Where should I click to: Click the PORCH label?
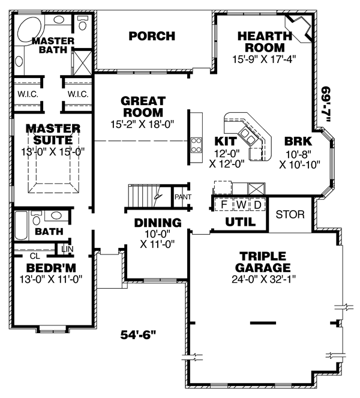[152, 36]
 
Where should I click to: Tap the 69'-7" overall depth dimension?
[325, 104]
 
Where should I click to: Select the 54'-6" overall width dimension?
[138, 334]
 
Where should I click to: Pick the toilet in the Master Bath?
[82, 23]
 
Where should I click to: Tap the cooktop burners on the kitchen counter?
[196, 145]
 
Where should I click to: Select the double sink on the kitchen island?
[247, 136]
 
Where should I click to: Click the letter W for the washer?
[241, 204]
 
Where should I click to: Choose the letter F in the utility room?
[224, 205]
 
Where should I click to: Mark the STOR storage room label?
[290, 214]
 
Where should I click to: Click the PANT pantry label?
[183, 197]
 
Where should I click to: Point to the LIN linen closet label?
[67, 249]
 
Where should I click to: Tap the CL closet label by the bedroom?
[35, 256]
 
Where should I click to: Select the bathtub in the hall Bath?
[21, 225]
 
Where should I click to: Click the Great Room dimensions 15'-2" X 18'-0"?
[142, 124]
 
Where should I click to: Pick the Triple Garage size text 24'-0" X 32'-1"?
[263, 279]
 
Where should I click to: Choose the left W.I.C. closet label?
[28, 94]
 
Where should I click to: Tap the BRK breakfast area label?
[298, 142]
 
